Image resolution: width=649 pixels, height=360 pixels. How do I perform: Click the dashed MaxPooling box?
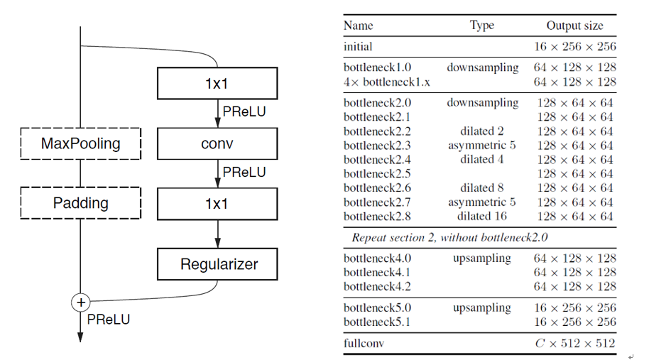click(x=80, y=143)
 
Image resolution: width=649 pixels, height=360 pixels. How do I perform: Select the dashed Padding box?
click(x=80, y=203)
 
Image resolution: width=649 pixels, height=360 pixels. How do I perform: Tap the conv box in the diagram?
click(x=217, y=143)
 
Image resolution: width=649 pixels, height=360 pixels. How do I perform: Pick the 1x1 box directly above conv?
click(x=217, y=84)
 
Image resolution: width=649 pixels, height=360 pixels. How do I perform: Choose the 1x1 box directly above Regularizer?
click(x=217, y=204)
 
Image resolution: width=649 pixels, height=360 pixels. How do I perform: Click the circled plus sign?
click(x=80, y=302)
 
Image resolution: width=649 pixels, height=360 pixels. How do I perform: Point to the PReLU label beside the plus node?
click(x=108, y=320)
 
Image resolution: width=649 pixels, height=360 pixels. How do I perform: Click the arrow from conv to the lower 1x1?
click(x=217, y=173)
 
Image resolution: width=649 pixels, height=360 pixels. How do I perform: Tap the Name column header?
click(x=358, y=26)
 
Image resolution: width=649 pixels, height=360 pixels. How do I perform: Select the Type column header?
click(x=481, y=26)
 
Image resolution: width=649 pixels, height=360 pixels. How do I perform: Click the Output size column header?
click(x=574, y=26)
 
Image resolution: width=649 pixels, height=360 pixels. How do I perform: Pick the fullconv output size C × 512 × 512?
click(x=574, y=344)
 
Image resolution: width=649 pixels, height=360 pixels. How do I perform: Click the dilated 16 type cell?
click(x=482, y=217)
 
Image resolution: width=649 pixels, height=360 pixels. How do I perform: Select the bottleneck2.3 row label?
click(x=377, y=146)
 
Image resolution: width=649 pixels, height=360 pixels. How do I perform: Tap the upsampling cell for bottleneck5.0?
click(x=482, y=308)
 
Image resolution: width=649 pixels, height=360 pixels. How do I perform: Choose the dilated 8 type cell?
click(x=482, y=188)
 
